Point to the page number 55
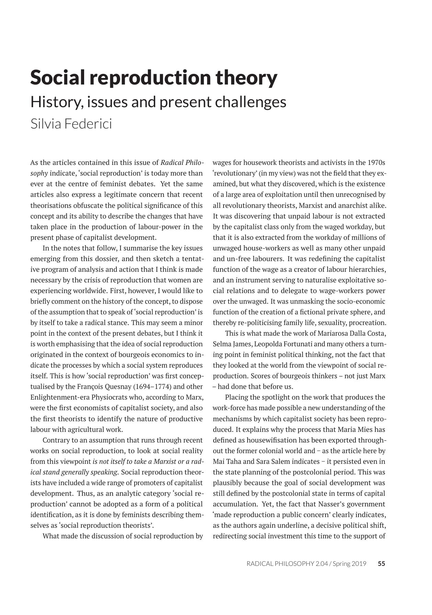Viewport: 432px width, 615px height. point(381,563)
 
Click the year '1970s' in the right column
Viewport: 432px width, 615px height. point(376,163)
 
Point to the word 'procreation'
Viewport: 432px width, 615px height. point(369,323)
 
